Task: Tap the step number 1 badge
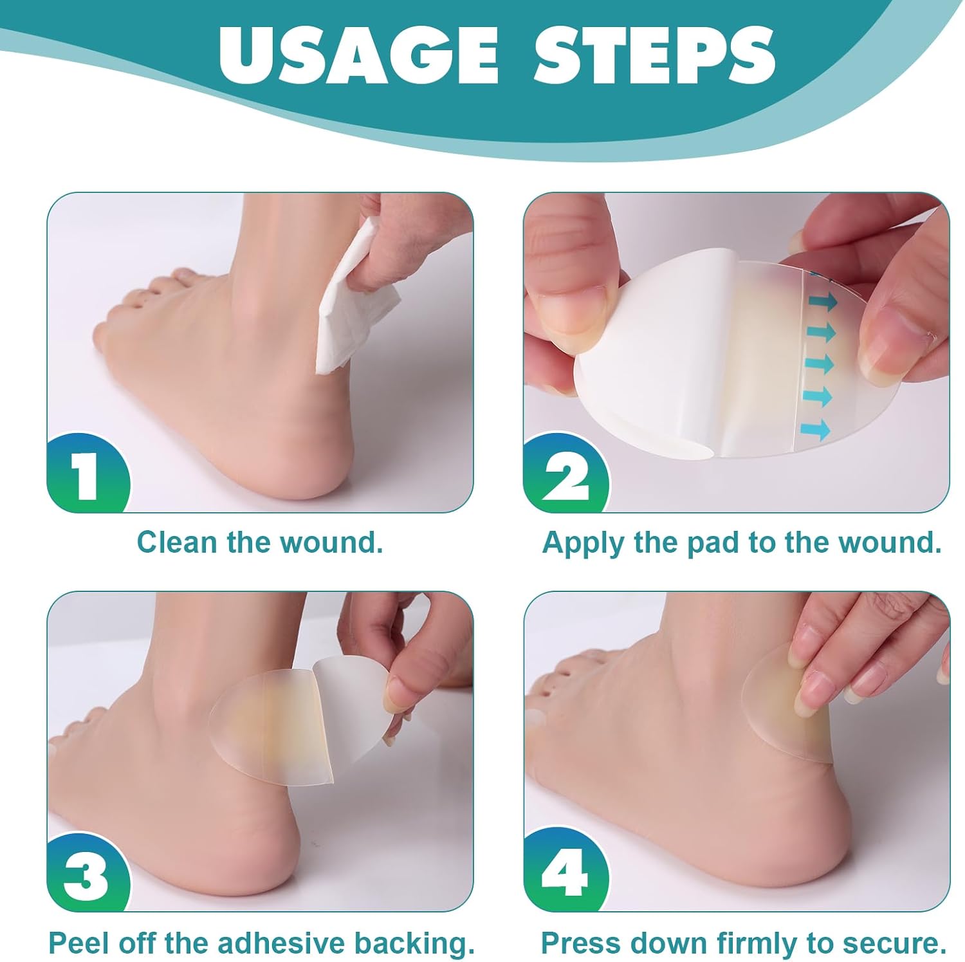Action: click(x=87, y=475)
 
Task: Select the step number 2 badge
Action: click(x=564, y=475)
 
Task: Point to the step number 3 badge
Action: click(x=87, y=875)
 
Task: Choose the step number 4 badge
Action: click(x=564, y=875)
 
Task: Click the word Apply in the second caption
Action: click(x=583, y=542)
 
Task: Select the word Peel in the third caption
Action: click(x=75, y=943)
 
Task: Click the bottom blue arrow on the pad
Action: click(x=817, y=427)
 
